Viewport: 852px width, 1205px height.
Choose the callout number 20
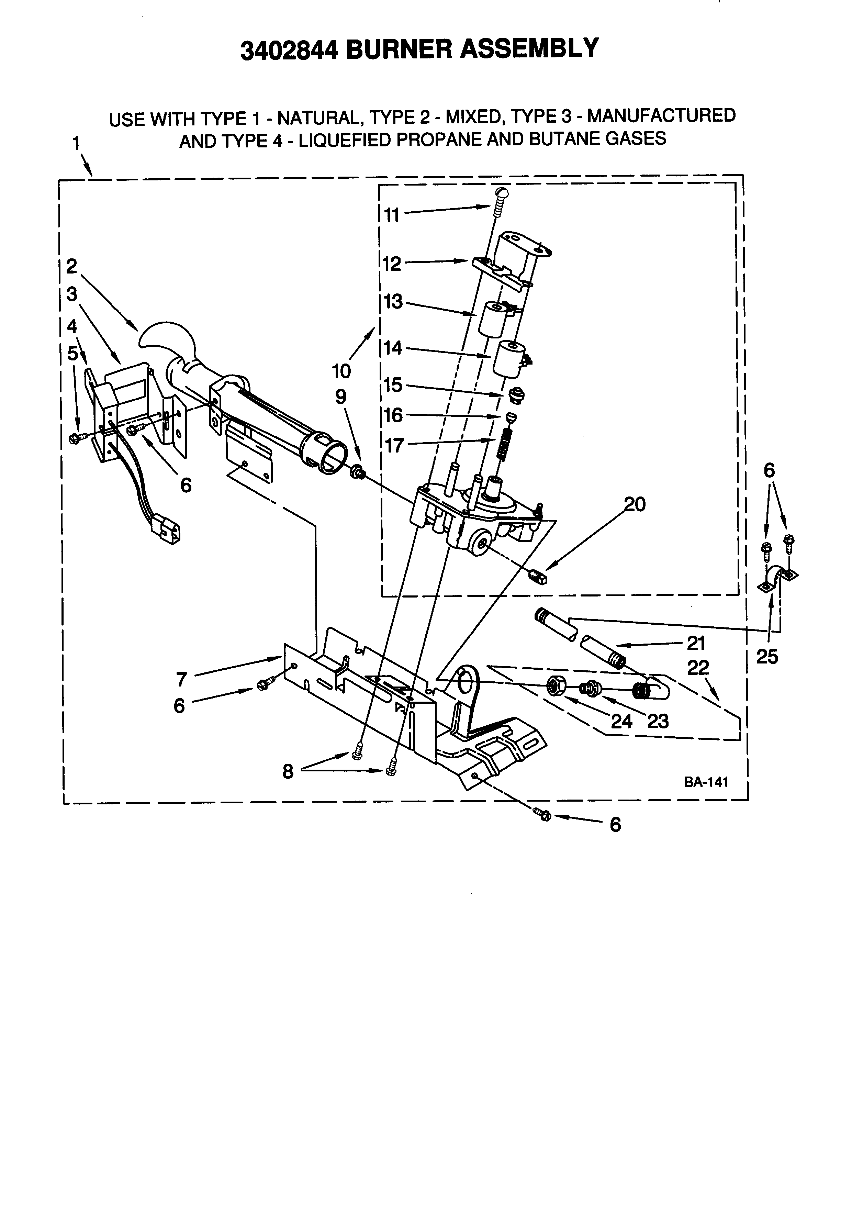[x=635, y=504]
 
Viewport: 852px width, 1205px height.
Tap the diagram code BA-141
[x=706, y=782]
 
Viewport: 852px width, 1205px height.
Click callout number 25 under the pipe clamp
[x=767, y=657]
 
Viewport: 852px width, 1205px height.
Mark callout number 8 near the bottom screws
[x=288, y=771]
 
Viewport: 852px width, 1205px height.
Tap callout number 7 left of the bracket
[x=181, y=680]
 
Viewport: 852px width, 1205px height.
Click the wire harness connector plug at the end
[x=168, y=531]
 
